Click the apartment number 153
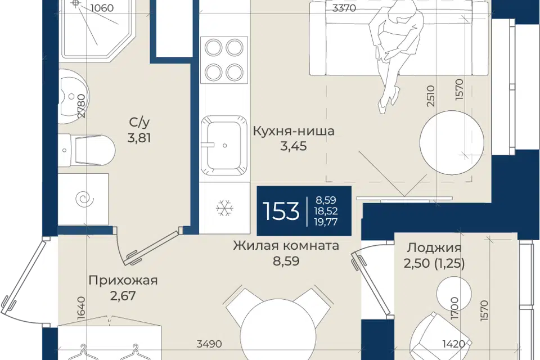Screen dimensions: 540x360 click(281, 211)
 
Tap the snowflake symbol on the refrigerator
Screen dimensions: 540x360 click(225, 208)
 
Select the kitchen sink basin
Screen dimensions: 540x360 click(224, 145)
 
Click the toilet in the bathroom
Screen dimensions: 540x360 click(86, 150)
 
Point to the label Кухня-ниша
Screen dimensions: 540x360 click(294, 131)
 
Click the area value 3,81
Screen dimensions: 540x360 click(139, 138)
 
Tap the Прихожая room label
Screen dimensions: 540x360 click(123, 281)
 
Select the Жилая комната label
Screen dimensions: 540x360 click(286, 246)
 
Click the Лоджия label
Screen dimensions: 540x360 click(434, 247)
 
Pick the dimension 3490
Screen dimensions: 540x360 click(209, 344)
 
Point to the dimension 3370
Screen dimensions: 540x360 click(344, 8)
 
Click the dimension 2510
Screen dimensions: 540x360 click(431, 96)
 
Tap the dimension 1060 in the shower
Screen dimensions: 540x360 click(102, 7)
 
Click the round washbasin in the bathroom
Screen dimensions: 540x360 click(73, 96)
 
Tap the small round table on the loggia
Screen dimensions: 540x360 click(453, 294)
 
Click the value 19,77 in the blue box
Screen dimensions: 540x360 click(326, 222)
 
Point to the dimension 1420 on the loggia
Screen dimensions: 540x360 click(453, 344)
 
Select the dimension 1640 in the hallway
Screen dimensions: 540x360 click(82, 308)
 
